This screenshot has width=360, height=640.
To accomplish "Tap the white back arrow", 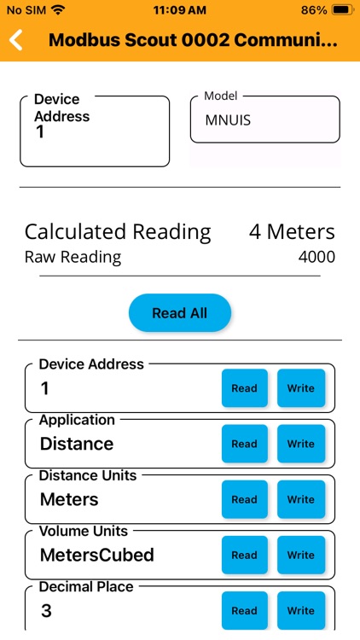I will (16, 40).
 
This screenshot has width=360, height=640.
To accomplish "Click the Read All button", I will (180, 313).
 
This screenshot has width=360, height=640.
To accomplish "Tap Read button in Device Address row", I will (244, 388).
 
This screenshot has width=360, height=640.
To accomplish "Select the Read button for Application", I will (244, 444).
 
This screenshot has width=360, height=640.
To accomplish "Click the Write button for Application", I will (300, 444).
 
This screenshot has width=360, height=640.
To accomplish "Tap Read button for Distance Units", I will (244, 499).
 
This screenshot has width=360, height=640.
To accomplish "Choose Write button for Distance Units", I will (300, 499).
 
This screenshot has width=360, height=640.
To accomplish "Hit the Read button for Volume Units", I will (244, 555).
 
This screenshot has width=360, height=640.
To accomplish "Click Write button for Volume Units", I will (300, 555).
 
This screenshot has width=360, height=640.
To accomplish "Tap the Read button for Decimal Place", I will (244, 610).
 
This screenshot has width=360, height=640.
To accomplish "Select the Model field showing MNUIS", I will (264, 120).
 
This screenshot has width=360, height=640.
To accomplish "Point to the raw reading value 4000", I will (316, 257).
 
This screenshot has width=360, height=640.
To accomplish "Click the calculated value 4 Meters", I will (292, 231).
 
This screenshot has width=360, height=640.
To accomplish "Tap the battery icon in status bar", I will (342, 10).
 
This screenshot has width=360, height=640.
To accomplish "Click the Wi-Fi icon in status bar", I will (58, 10).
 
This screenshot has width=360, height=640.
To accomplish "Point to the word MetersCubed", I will (97, 555).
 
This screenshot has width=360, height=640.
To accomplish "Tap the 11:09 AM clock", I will (180, 10).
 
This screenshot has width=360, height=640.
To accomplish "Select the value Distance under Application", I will (77, 444).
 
